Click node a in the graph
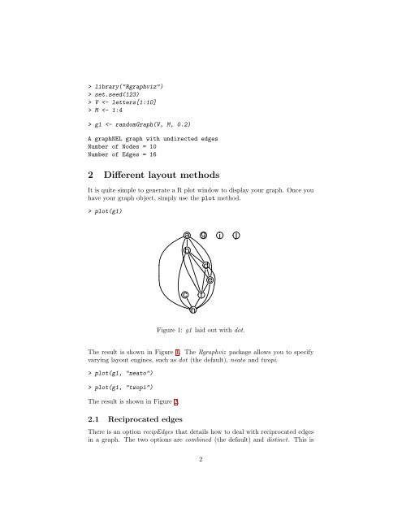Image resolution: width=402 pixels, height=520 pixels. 188,236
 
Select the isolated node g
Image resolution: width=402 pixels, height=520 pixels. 204,236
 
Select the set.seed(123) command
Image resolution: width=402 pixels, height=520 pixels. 121,94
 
